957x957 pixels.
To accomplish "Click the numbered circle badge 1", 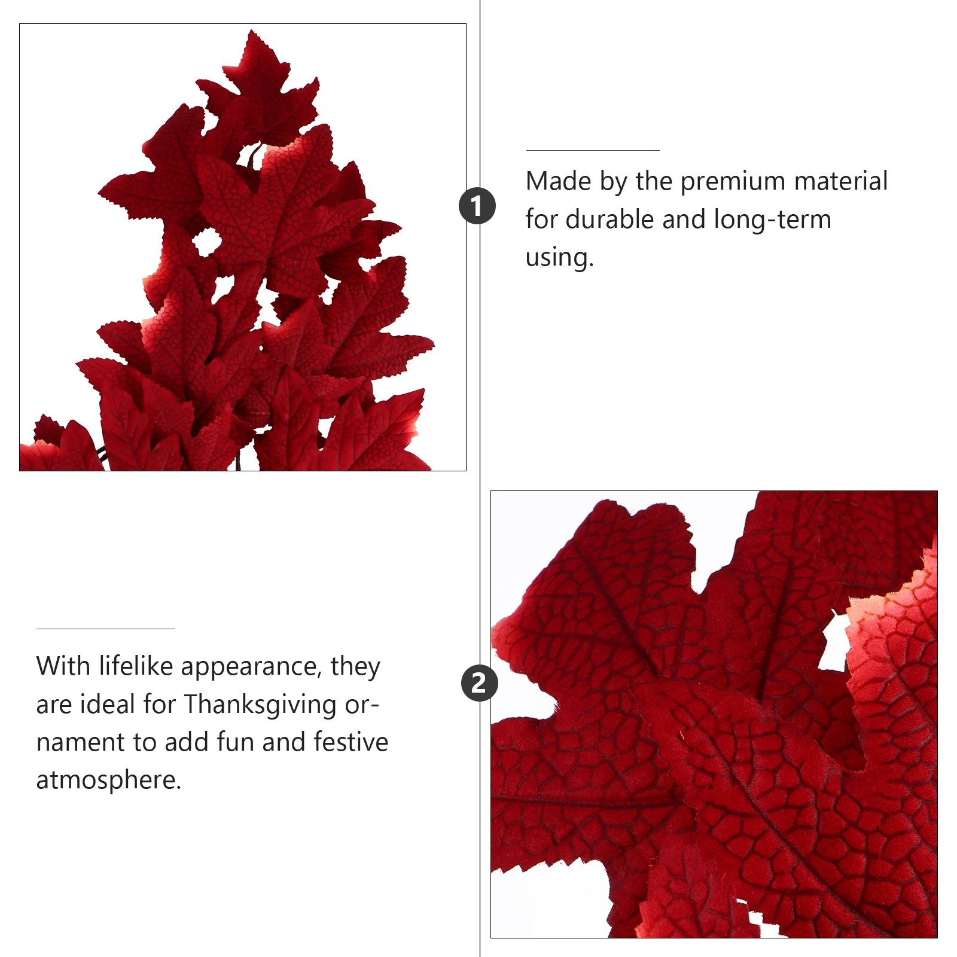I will [x=477, y=206].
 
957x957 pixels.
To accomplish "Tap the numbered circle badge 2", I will [x=479, y=683].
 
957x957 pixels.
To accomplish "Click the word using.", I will [x=559, y=258].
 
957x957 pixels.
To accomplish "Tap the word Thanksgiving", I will [x=260, y=705].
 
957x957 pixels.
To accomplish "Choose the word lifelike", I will [x=136, y=666].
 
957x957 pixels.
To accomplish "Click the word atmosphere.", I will [x=108, y=781].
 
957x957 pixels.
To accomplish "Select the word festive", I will [x=351, y=742].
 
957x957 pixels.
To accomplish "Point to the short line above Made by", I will [x=592, y=150].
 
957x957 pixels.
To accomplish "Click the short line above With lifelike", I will [x=105, y=629].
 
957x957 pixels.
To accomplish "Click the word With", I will [x=62, y=666].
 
